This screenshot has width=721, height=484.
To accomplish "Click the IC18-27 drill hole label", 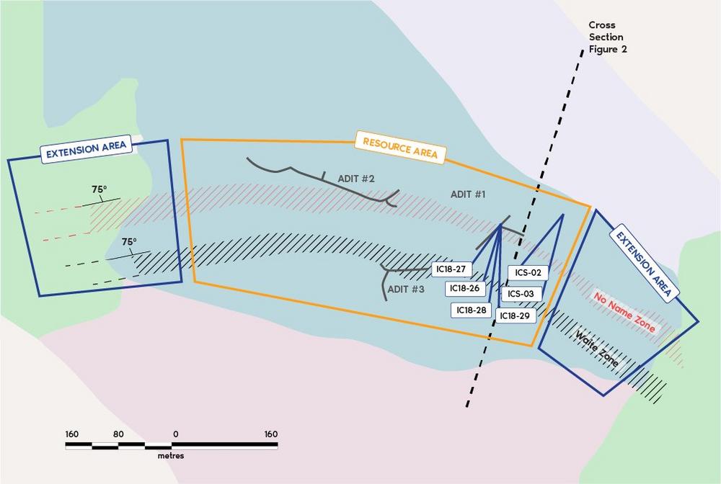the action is point(451,269).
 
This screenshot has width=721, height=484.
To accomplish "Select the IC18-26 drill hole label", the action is point(465,288).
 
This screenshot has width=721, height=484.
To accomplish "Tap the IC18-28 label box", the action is point(472,310).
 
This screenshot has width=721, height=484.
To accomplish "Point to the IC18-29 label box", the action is point(515,315).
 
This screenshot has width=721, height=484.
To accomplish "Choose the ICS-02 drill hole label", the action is point(528,272).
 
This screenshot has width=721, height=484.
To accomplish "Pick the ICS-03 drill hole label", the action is point(521,294).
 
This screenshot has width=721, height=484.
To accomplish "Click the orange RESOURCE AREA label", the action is point(400,148).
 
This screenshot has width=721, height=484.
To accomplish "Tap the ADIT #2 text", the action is point(356,178).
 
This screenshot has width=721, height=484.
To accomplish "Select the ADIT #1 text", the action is point(468,194).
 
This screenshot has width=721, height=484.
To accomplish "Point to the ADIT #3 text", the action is point(406,290).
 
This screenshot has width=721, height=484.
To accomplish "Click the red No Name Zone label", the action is point(624,313).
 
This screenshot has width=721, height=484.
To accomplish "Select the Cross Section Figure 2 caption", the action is point(608,37).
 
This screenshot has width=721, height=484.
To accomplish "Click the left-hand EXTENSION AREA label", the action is point(86,149).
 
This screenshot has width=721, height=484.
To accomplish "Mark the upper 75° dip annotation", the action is point(99,189).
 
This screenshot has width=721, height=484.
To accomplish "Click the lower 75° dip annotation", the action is point(129,241).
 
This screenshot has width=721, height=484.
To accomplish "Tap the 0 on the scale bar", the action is point(176,434).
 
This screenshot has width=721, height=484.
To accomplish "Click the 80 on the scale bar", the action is point(118,434).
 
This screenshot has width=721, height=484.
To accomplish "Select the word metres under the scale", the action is point(171,456).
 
